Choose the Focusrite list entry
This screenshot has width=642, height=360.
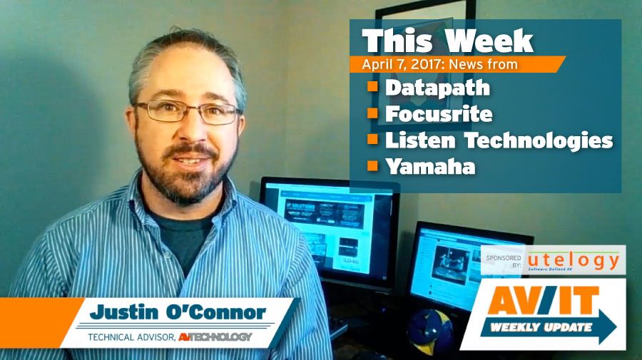[x=439, y=114]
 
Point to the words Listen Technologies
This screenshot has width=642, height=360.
[x=499, y=140]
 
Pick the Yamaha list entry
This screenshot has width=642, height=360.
[x=429, y=167]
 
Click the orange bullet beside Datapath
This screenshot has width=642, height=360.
[x=372, y=88]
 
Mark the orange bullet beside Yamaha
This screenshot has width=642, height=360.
[x=372, y=167]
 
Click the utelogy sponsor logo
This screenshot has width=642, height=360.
[x=574, y=260]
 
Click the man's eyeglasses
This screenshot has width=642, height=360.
[x=187, y=111]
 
